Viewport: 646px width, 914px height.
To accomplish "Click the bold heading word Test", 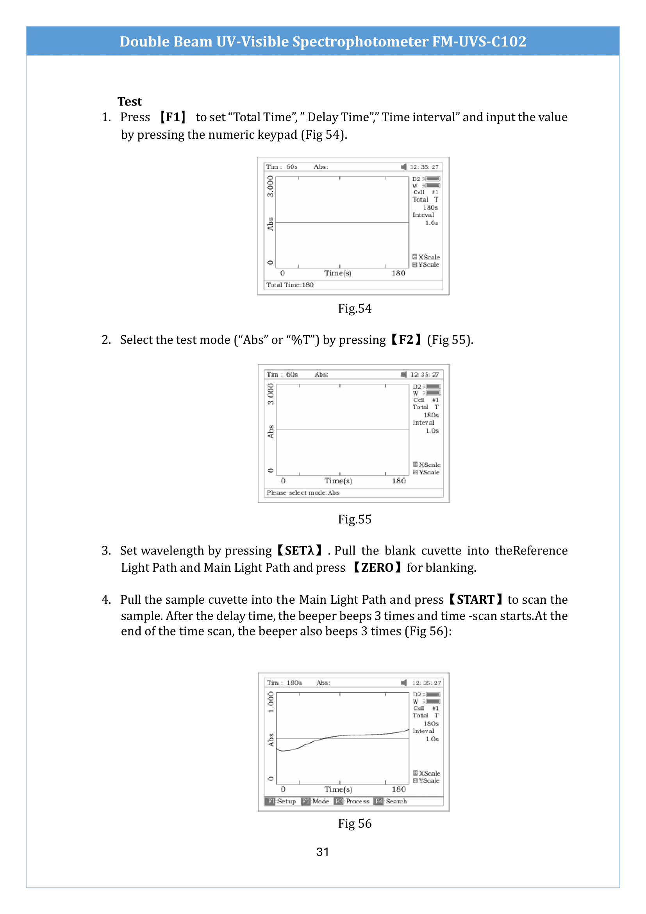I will coord(130,102).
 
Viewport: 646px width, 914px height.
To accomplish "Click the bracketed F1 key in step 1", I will coord(173,117).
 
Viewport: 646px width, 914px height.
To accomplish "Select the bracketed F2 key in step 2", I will coord(406,340).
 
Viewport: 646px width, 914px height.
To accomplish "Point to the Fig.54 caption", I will coord(354,309).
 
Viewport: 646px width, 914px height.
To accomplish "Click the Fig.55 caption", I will coord(354,519).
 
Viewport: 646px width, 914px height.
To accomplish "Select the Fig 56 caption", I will coord(354,823).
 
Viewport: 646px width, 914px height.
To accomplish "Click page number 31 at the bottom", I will coord(322,852).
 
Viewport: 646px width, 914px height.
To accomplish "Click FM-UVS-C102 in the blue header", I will coord(479,41).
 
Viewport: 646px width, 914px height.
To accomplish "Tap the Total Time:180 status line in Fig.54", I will coord(289,285).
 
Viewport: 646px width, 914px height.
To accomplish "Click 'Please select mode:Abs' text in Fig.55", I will coord(303,493).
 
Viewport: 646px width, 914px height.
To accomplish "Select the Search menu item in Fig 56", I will coord(396,801).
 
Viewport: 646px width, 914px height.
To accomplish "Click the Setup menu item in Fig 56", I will coord(286,801).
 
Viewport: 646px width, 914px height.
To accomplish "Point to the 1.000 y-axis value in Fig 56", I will coord(271,702).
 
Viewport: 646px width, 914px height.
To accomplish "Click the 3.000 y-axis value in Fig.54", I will coord(270,186).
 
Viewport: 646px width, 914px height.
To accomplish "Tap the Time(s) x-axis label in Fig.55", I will coord(338,481).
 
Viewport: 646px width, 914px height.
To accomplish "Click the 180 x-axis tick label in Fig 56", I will coord(399,789).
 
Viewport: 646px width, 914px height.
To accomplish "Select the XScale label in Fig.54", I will coord(429,257).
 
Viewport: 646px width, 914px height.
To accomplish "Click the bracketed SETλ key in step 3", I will coord(299,551).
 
